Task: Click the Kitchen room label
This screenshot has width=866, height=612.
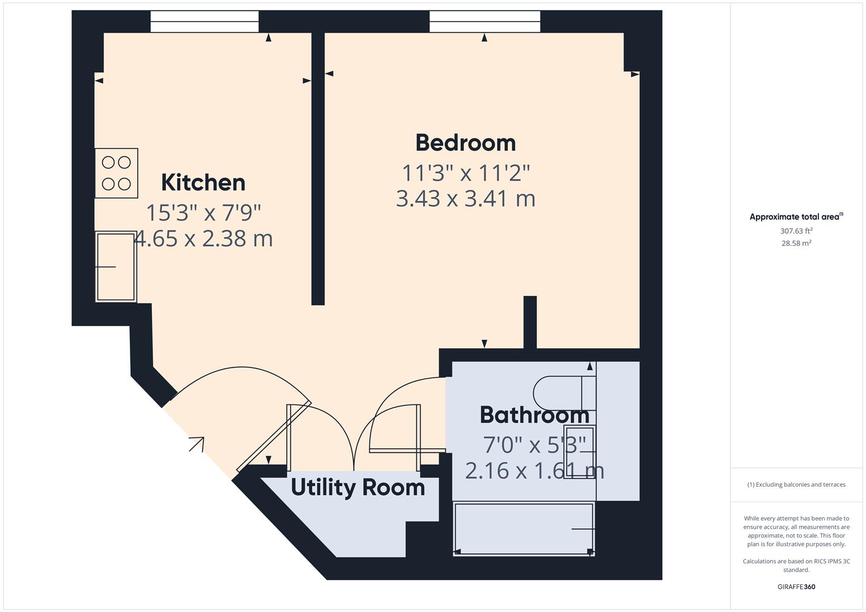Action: [x=203, y=182]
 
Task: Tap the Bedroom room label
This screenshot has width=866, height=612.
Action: [x=465, y=143]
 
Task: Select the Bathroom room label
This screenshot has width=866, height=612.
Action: [x=534, y=415]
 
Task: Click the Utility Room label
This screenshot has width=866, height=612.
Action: [x=357, y=487]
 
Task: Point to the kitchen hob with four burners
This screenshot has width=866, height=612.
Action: [x=116, y=173]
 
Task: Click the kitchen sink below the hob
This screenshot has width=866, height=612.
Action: [x=116, y=266]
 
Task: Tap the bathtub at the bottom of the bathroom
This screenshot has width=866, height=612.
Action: [x=523, y=529]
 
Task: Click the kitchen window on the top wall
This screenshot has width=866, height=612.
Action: [x=204, y=22]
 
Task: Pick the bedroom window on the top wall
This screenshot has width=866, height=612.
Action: [x=484, y=22]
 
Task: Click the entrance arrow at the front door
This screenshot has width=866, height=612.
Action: [x=196, y=444]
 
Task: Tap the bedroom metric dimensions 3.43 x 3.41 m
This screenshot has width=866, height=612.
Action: [x=465, y=199]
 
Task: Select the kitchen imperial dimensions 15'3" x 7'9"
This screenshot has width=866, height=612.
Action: [x=203, y=213]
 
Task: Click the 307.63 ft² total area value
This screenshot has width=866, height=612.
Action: [x=796, y=231]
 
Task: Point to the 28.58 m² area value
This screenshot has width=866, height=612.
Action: [x=796, y=243]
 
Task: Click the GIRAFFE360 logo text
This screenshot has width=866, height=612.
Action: [x=796, y=586]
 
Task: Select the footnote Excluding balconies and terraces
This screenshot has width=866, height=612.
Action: [x=796, y=484]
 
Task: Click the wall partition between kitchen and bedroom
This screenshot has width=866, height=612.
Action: [x=318, y=170]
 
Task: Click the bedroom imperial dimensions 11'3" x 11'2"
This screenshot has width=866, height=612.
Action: [x=465, y=173]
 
